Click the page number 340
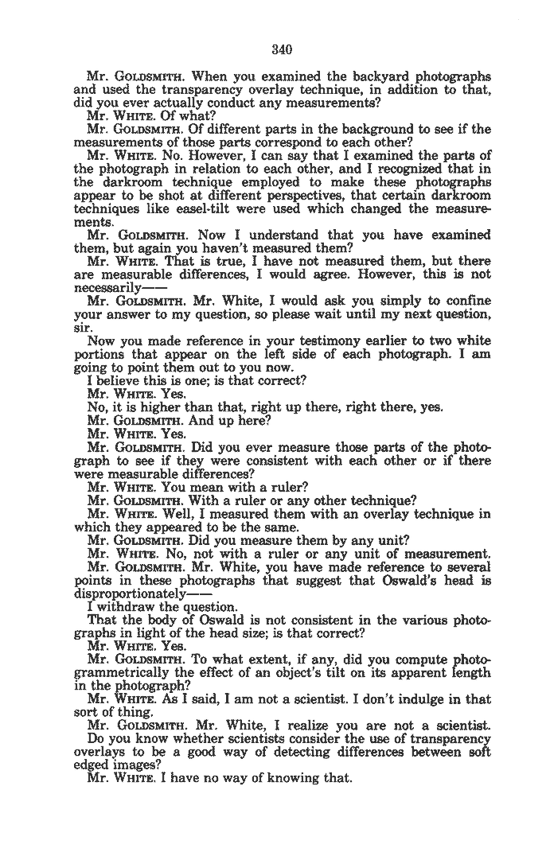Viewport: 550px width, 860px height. pyautogui.click(x=283, y=49)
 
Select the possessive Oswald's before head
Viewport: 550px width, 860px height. pyautogui.click(x=409, y=582)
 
